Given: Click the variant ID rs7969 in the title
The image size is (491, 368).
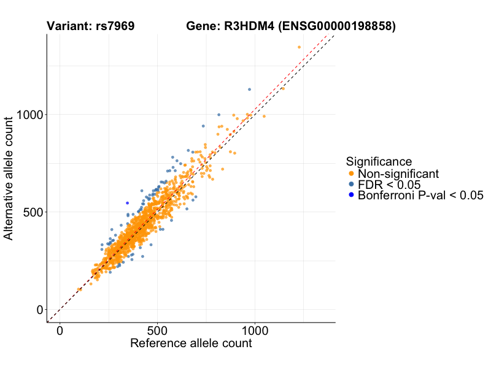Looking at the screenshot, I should (115, 26).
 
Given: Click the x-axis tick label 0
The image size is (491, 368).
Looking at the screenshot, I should (60, 331).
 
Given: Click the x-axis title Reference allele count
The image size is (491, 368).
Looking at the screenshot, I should (191, 343).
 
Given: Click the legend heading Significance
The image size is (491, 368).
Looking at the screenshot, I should (379, 162).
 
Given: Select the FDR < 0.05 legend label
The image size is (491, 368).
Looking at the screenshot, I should (389, 185).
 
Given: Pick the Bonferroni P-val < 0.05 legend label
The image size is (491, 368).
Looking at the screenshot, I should (420, 196).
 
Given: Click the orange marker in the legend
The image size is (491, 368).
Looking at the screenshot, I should (351, 174).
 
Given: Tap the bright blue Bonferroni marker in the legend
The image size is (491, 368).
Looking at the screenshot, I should (351, 196).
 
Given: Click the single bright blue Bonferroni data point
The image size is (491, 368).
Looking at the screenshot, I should (127, 203).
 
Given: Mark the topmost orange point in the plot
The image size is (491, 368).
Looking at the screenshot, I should (299, 47).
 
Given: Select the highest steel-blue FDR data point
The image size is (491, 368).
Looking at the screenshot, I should (249, 90).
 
